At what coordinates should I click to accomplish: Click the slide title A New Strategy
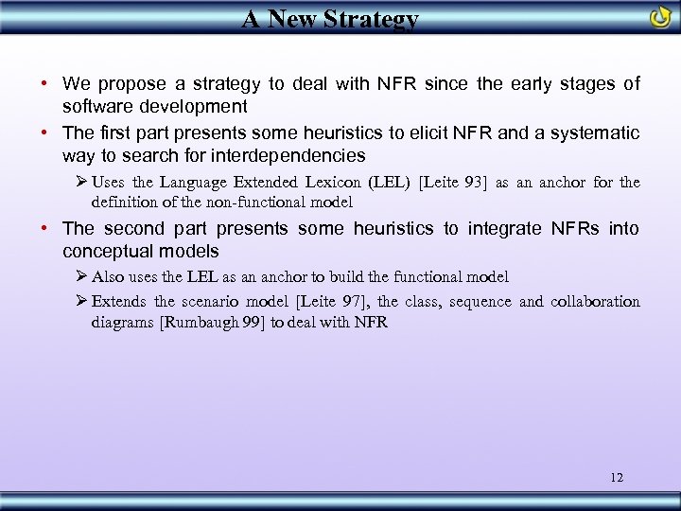(330, 19)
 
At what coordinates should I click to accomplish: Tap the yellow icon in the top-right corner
(660, 17)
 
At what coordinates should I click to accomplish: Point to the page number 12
(617, 477)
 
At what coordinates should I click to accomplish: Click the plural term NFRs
(579, 228)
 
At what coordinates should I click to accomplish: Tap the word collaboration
(596, 302)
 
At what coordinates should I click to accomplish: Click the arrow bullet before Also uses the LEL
(81, 276)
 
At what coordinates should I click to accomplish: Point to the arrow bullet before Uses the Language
(81, 182)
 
